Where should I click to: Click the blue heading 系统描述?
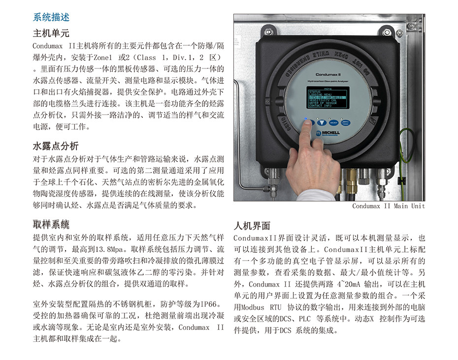click(x=51, y=17)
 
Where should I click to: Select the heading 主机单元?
click(x=51, y=33)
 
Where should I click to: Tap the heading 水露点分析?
click(x=56, y=146)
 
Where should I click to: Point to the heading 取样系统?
click(x=51, y=224)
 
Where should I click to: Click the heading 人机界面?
click(x=252, y=226)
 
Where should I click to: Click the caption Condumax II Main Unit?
click(x=388, y=206)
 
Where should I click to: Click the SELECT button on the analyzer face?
click(x=333, y=123)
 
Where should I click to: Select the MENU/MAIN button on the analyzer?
click(x=346, y=123)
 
